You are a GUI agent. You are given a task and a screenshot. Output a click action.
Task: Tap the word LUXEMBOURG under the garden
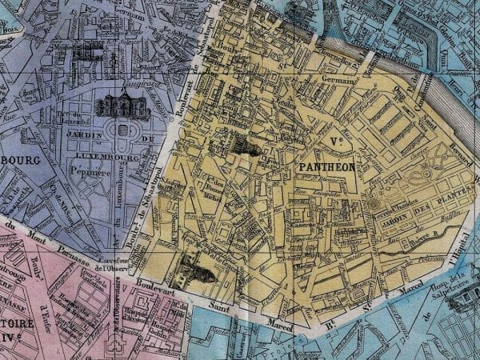click(114, 158)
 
